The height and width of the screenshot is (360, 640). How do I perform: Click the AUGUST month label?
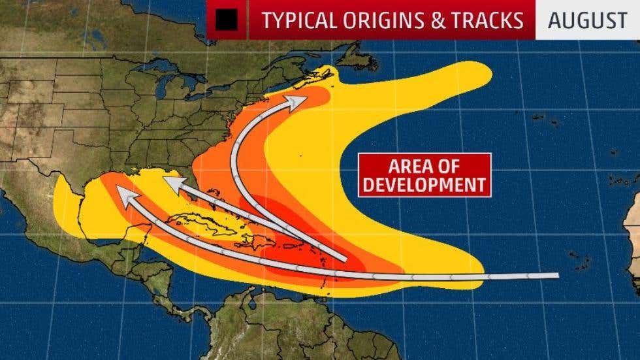[587, 20]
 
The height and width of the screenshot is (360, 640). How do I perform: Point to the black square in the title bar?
[227, 20]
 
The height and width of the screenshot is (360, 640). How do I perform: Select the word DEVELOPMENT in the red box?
[424, 184]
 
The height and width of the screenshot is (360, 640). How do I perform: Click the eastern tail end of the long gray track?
[556, 276]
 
